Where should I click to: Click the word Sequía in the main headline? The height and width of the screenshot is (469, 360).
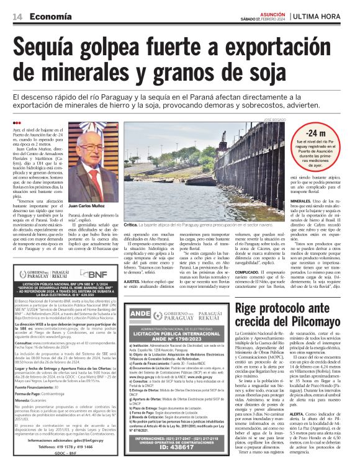tap(52, 47)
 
